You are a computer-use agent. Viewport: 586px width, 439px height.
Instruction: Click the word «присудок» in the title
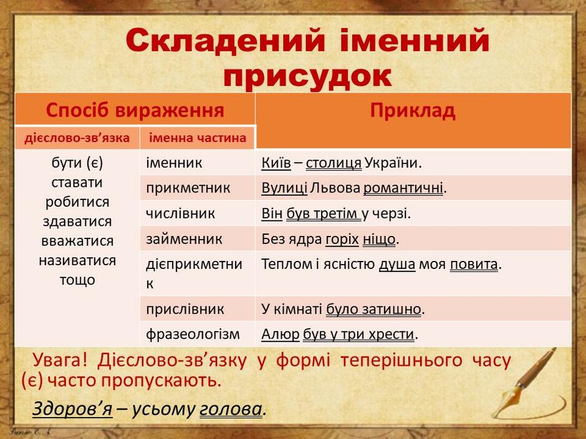307,77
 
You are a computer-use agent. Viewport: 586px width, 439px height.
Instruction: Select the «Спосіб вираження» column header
135,110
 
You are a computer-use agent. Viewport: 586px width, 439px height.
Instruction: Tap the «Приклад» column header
413,110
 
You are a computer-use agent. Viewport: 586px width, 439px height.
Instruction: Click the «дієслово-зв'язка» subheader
77,138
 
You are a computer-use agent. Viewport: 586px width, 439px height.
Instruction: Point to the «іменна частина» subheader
198,138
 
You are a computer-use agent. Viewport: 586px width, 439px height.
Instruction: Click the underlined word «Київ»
276,163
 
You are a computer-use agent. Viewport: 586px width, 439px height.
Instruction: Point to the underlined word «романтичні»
403,188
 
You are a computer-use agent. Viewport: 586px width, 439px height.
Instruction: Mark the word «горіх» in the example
342,239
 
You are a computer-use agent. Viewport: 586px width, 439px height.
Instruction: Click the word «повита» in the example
474,264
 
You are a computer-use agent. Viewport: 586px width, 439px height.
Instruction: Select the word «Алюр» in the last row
281,334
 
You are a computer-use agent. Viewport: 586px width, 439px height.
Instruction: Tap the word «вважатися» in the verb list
77,241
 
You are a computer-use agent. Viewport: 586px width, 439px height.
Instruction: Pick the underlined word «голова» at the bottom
231,409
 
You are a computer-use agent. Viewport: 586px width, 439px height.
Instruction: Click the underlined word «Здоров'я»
72,409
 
